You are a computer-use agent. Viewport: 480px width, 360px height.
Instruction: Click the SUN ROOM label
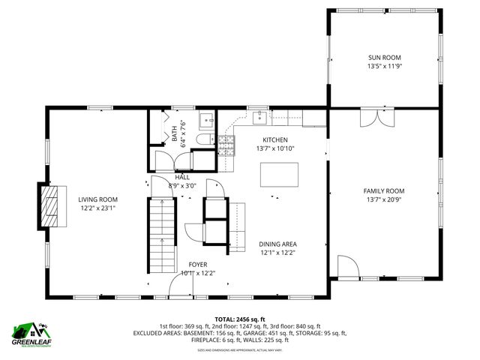(384, 57)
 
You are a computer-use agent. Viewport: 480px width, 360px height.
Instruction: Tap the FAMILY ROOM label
(384, 190)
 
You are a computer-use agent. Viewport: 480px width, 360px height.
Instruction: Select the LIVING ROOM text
(98, 199)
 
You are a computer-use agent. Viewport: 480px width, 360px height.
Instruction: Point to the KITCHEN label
(275, 139)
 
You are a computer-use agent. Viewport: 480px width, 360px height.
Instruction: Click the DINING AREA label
(277, 244)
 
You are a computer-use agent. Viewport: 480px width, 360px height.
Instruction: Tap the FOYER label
(197, 264)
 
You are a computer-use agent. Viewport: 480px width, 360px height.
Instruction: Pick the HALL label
(182, 177)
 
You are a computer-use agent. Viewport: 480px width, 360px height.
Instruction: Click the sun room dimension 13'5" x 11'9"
(384, 66)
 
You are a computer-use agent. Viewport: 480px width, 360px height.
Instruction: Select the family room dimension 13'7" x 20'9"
(384, 199)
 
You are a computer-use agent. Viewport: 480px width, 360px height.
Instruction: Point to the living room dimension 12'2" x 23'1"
(98, 208)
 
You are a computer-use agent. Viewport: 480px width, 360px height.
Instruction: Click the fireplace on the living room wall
(49, 205)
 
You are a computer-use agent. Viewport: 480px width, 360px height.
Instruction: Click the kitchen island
(278, 174)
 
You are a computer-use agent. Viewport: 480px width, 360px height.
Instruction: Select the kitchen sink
(259, 116)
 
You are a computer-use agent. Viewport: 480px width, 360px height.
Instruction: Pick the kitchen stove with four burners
(225, 144)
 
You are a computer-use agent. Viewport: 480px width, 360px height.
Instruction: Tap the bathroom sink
(206, 120)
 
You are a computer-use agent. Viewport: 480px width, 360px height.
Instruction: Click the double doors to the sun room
(376, 118)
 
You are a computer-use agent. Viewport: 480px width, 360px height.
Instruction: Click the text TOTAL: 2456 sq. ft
(239, 318)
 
